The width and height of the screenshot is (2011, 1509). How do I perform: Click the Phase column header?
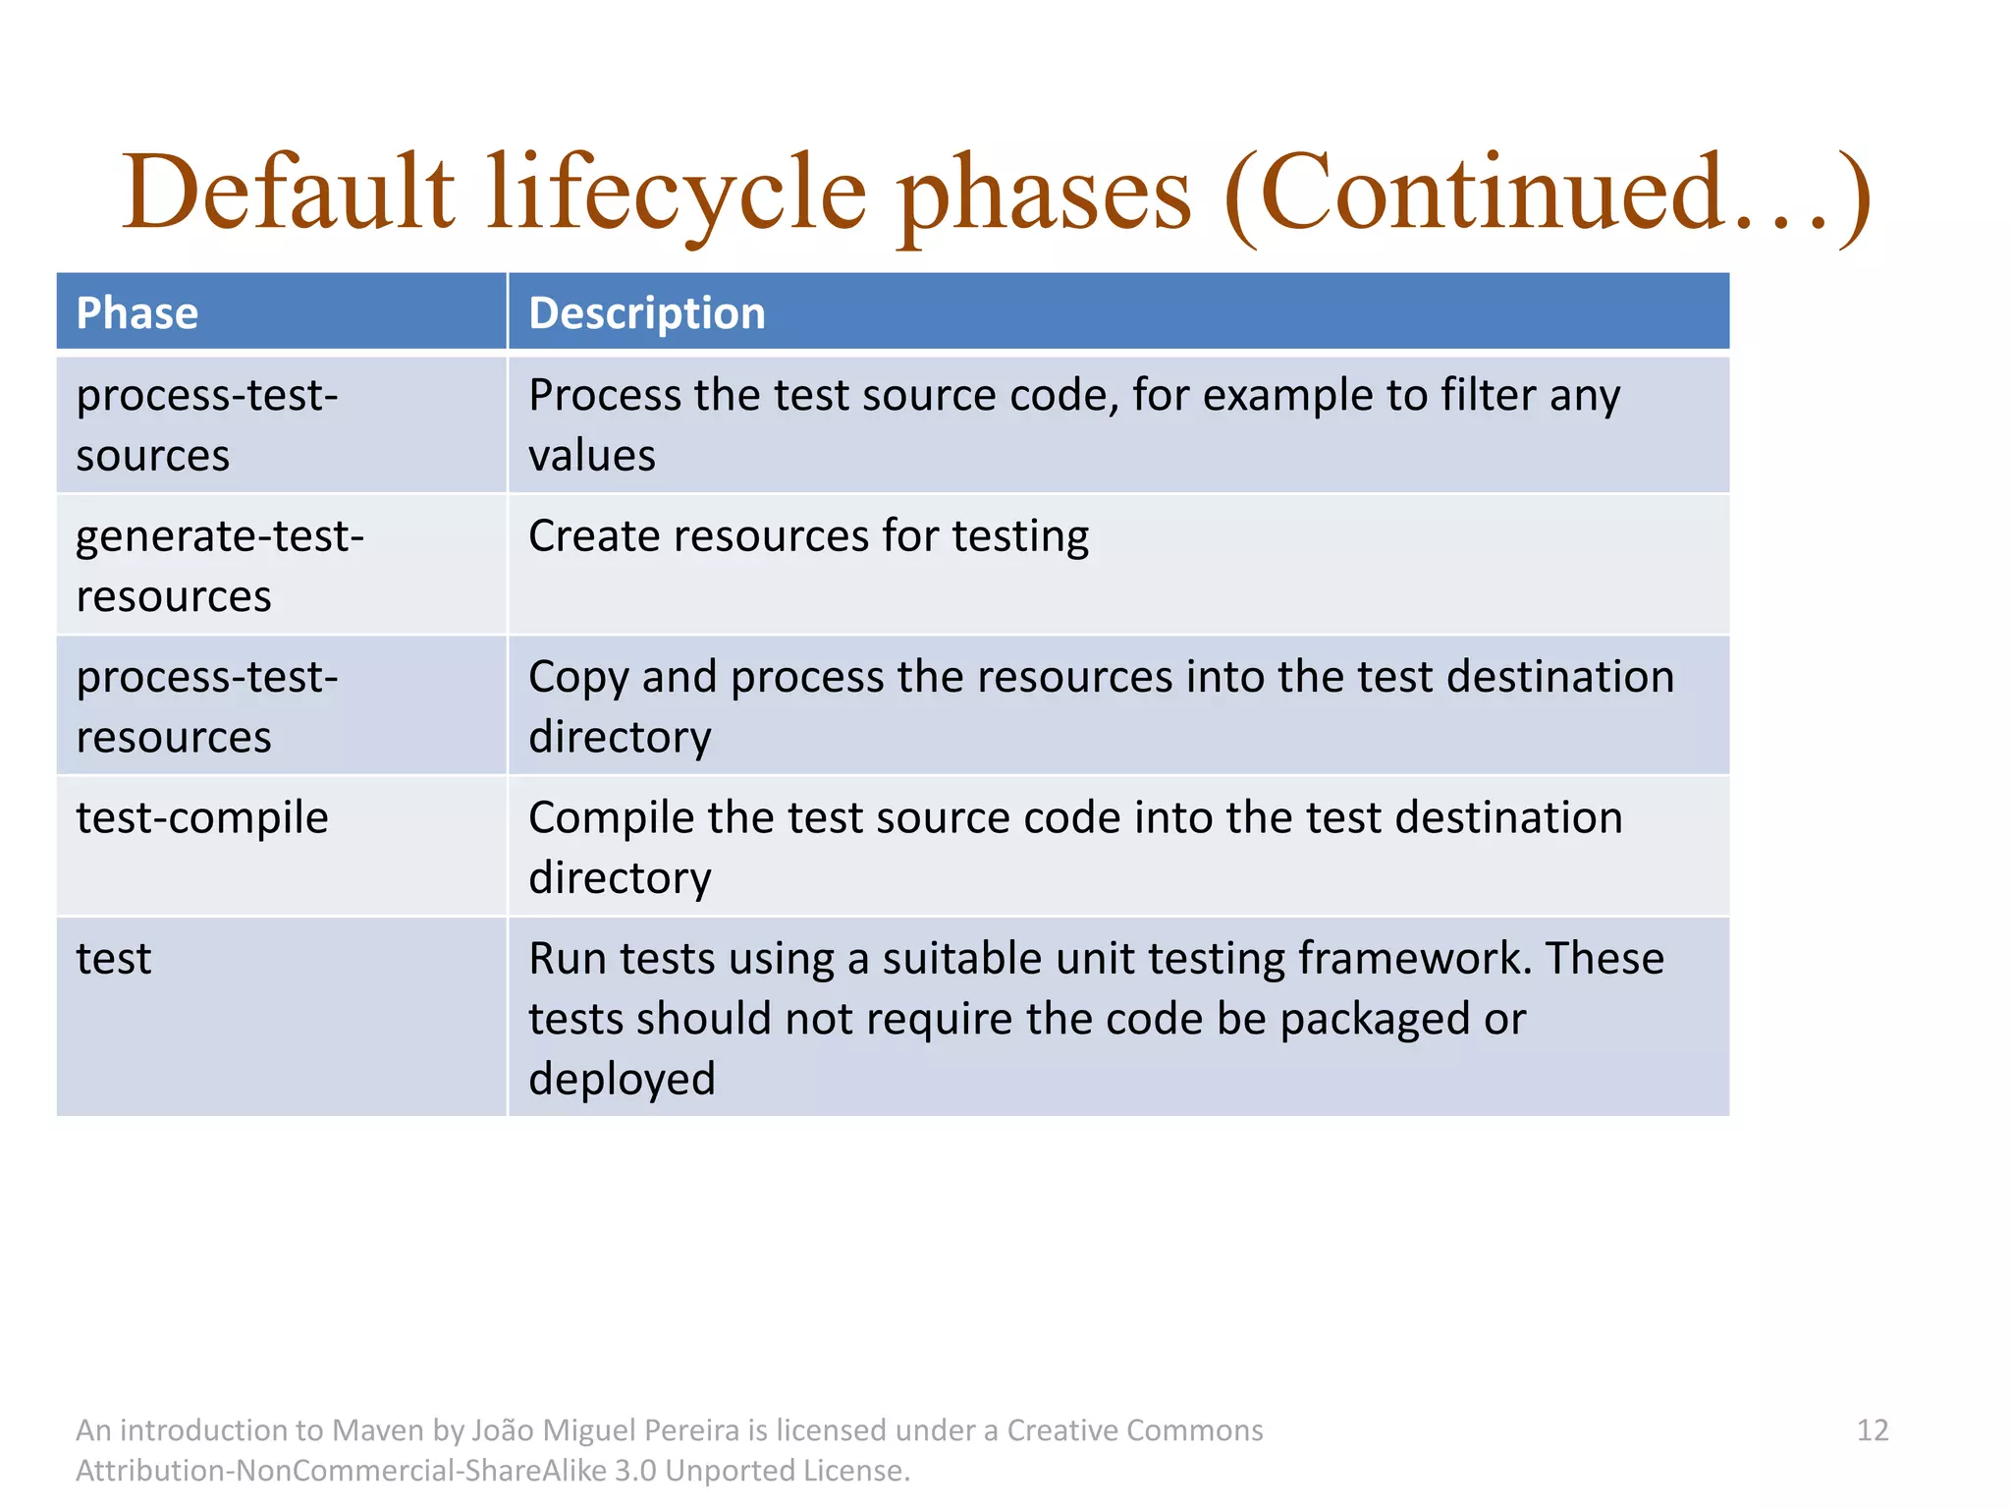[137, 313]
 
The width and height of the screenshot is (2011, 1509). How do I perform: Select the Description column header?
[646, 313]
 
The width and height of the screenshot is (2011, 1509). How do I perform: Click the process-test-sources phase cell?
[206, 424]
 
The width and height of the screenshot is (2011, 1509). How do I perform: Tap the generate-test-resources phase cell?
[220, 565]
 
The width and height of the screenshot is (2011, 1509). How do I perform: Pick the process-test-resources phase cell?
[206, 705]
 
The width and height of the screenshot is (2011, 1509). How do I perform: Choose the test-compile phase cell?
[202, 817]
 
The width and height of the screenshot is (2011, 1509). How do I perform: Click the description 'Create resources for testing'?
[808, 536]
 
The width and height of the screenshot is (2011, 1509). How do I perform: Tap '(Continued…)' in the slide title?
[1548, 194]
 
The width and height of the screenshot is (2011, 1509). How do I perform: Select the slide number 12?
[1873, 1430]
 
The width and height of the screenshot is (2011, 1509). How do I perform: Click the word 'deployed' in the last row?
[622, 1079]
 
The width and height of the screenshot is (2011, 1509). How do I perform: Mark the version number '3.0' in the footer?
[635, 1471]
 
